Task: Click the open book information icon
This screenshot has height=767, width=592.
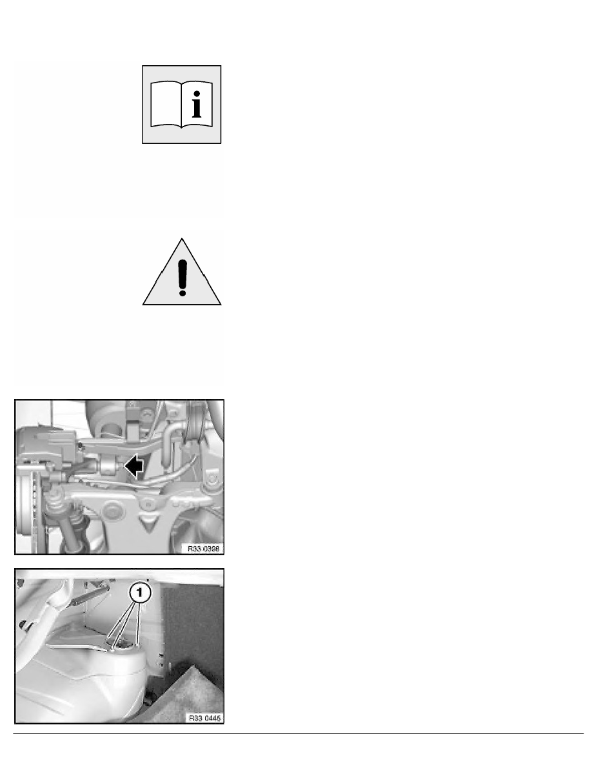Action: click(182, 105)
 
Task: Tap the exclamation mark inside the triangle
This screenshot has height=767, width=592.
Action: click(183, 278)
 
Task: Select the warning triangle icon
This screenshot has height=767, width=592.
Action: click(182, 272)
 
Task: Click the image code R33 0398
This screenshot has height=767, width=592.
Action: click(204, 549)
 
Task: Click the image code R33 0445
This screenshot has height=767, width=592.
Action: click(204, 718)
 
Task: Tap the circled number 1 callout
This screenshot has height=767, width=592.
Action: click(140, 593)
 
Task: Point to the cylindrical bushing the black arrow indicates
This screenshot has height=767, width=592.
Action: click(110, 467)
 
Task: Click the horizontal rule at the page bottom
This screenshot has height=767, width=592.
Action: click(299, 733)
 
